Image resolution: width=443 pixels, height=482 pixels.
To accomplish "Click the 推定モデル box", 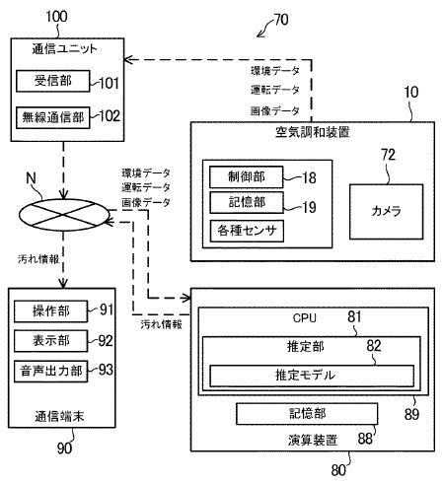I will click(x=304, y=375).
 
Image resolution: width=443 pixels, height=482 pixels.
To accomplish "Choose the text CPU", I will click(x=304, y=319).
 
